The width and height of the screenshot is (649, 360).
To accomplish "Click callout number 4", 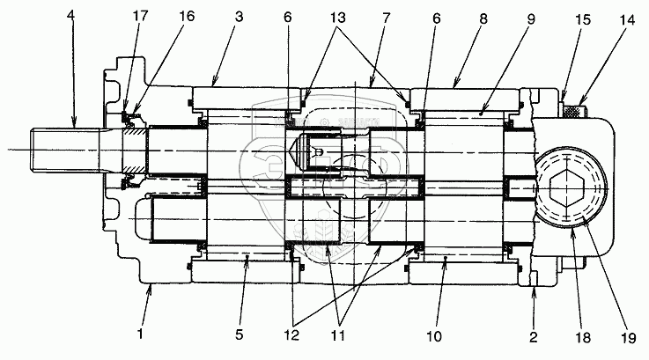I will [70, 15].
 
